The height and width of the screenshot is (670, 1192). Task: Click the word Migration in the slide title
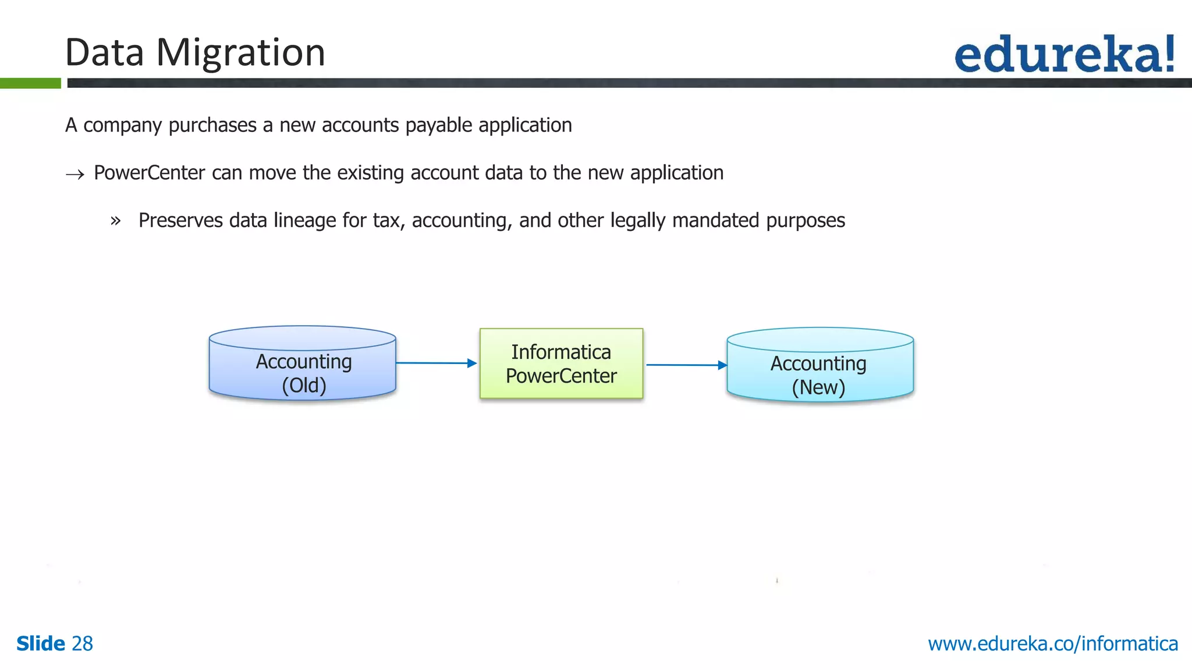[x=240, y=53]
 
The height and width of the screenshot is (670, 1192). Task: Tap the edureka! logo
[x=1065, y=54]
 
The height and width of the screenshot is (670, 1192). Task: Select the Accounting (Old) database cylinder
[x=303, y=363]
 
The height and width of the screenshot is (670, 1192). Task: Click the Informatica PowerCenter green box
[x=561, y=363]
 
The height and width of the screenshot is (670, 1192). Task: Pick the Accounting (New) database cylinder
[x=819, y=365]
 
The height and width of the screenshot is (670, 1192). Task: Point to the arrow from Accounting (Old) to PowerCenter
[x=437, y=363]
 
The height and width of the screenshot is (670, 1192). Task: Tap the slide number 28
[x=82, y=644]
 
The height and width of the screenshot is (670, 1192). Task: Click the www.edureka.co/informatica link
[x=1052, y=644]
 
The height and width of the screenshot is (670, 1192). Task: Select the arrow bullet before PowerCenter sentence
[x=75, y=174]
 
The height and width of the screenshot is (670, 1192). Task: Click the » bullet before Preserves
[x=115, y=221]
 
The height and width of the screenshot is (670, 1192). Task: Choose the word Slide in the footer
[x=41, y=644]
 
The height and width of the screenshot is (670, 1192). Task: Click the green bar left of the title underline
[x=30, y=83]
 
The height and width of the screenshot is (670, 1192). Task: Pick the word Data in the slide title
[x=105, y=53]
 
